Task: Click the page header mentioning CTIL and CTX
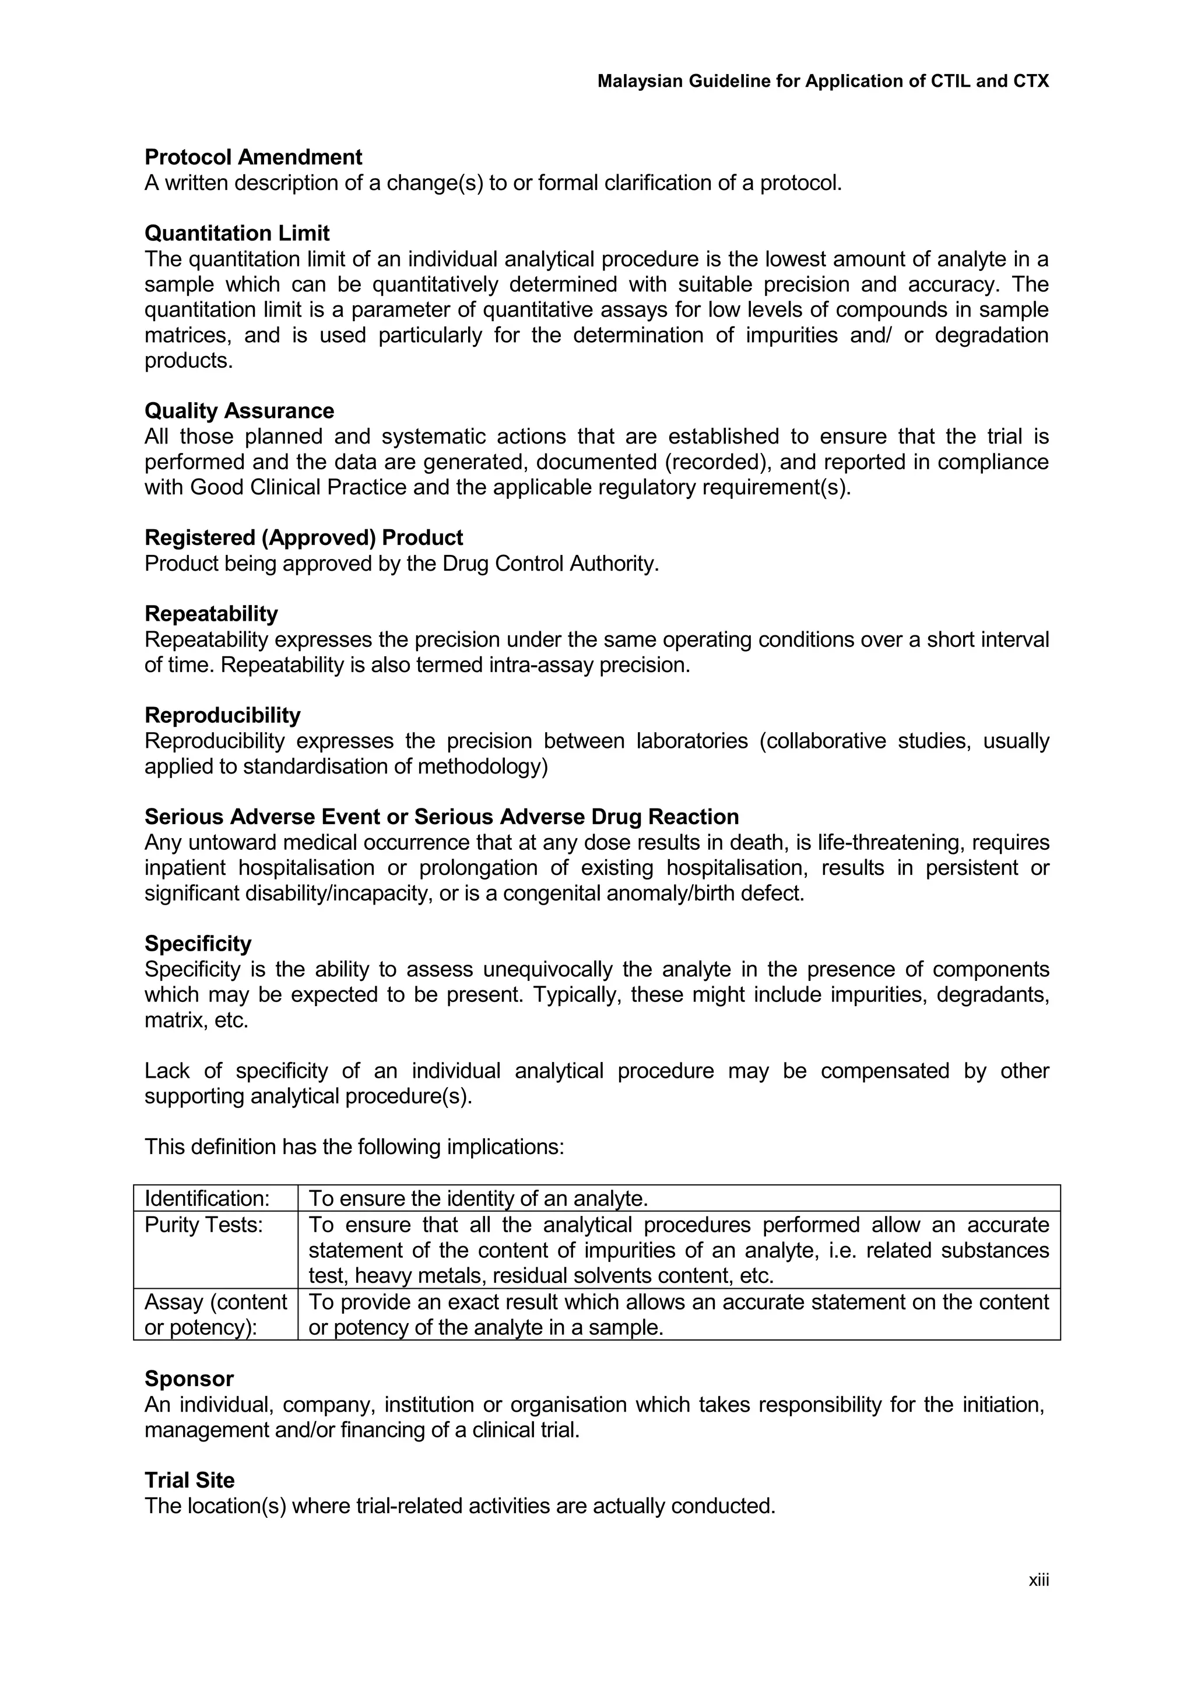coord(823,81)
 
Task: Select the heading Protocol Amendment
coord(253,157)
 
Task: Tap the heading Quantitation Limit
coord(237,233)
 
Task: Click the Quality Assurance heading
coord(239,410)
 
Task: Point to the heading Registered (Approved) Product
coord(304,537)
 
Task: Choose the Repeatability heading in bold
coord(211,614)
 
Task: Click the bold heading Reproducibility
coord(222,715)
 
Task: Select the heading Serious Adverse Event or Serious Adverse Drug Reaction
coord(441,817)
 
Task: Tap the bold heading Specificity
coord(198,943)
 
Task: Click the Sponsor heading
coord(189,1378)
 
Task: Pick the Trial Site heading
coord(189,1480)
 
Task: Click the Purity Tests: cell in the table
coord(203,1225)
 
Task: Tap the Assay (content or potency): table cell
coord(215,1314)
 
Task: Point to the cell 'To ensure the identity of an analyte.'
coord(478,1198)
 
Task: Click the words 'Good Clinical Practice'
coord(298,487)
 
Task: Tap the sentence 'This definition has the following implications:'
coord(354,1147)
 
